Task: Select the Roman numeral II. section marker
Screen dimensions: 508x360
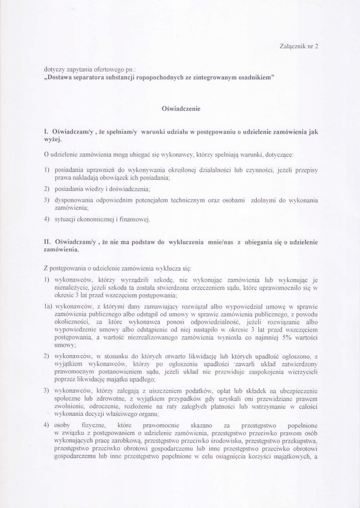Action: click(48, 242)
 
